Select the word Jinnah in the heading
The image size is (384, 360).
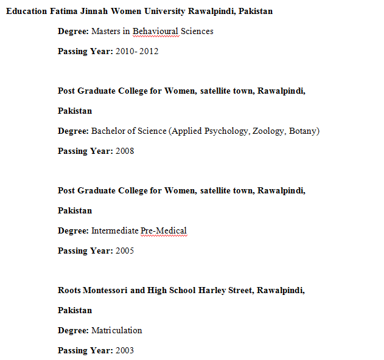pos(96,12)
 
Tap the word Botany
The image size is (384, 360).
pos(302,131)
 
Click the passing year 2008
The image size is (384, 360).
pos(125,151)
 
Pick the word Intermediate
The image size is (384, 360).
pos(115,230)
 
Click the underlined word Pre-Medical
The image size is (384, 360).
pos(164,230)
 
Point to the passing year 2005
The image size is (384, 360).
pos(125,251)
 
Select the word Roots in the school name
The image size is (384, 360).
pos(69,290)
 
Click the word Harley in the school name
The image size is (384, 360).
pos(212,290)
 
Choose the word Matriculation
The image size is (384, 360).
pos(117,330)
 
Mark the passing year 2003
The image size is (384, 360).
pos(125,350)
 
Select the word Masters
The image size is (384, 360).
pos(106,31)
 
